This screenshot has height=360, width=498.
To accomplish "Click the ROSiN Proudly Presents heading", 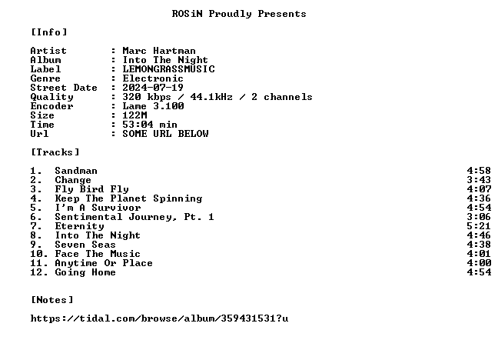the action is pyautogui.click(x=239, y=14).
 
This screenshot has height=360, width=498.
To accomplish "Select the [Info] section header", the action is pyautogui.click(x=49, y=32).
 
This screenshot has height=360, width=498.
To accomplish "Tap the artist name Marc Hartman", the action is pyautogui.click(x=159, y=51).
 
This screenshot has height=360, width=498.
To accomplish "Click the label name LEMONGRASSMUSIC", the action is pyautogui.click(x=168, y=69).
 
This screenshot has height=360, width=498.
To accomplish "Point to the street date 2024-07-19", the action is pyautogui.click(x=153, y=88).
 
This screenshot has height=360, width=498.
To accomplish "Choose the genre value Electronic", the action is pyautogui.click(x=153, y=78).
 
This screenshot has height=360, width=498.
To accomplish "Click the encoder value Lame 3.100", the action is pyautogui.click(x=153, y=106).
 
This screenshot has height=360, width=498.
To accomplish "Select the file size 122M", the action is pyautogui.click(x=134, y=115).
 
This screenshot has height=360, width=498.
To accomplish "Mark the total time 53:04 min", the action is pyautogui.click(x=150, y=125).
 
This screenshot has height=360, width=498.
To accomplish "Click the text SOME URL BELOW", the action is pyautogui.click(x=165, y=134).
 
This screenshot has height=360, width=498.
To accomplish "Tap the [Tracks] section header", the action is pyautogui.click(x=55, y=152).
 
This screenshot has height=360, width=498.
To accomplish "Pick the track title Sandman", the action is pyautogui.click(x=76, y=171).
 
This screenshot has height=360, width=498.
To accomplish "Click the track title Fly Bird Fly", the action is pyautogui.click(x=91, y=189).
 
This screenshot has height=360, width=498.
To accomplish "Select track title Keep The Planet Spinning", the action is pyautogui.click(x=128, y=198).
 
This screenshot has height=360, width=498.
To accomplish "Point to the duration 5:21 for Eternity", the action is pyautogui.click(x=479, y=226).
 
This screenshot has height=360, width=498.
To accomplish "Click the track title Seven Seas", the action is pyautogui.click(x=85, y=245).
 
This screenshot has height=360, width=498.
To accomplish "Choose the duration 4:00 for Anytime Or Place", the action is pyautogui.click(x=479, y=263).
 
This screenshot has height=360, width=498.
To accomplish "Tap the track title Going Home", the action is pyautogui.click(x=85, y=272).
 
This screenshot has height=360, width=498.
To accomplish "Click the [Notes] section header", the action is pyautogui.click(x=52, y=300).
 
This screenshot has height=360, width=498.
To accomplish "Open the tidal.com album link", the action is pyautogui.click(x=159, y=318).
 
